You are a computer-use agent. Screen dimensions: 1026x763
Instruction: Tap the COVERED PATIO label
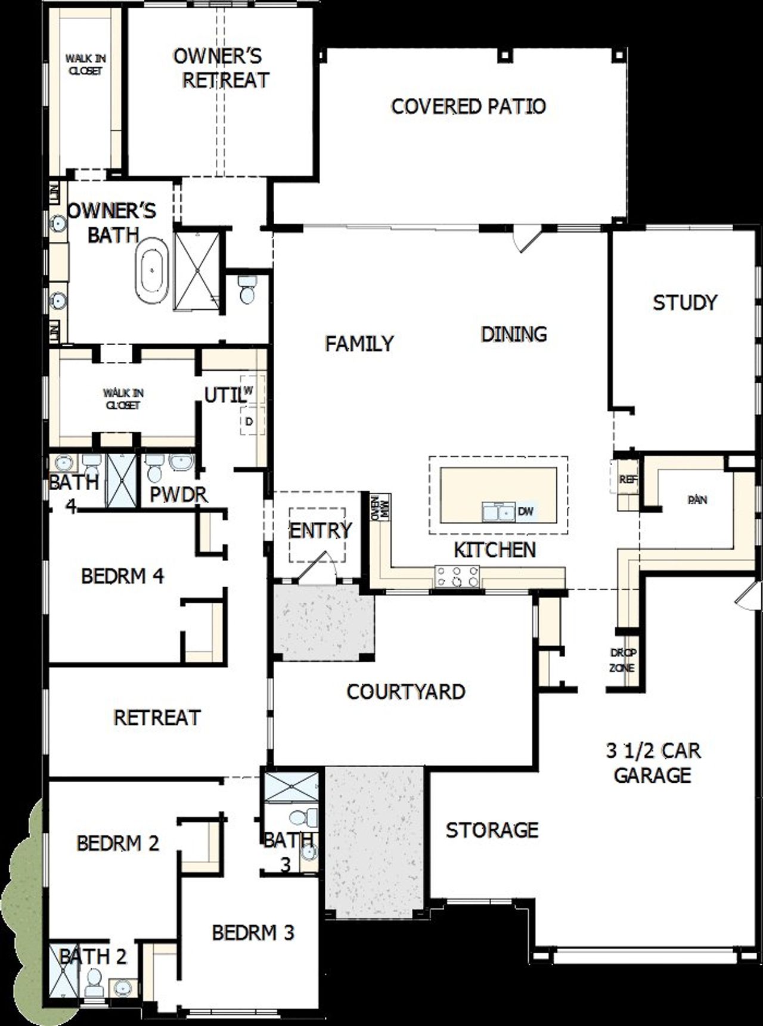469,107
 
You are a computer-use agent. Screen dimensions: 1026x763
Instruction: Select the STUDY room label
685,303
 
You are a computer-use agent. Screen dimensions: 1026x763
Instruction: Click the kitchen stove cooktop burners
457,576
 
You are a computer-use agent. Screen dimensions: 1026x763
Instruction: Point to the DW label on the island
526,511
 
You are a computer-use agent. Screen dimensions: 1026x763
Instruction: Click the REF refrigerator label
626,479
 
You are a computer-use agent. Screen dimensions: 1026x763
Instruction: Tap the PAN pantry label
697,500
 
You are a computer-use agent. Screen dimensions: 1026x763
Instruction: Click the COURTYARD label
406,692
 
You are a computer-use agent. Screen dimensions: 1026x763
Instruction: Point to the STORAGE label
492,830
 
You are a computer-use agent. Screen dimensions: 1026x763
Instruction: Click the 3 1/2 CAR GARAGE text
653,762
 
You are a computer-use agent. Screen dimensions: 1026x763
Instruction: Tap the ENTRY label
320,530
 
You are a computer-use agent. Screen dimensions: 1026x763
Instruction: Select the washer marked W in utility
249,390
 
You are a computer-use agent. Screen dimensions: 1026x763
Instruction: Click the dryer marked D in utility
249,421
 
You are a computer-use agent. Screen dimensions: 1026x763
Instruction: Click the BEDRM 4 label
122,576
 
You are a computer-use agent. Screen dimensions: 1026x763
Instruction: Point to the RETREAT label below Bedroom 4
157,717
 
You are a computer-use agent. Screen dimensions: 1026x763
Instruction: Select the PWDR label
178,494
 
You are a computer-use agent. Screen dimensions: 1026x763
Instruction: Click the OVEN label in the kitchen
376,507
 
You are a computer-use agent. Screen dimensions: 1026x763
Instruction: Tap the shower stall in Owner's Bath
196,271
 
